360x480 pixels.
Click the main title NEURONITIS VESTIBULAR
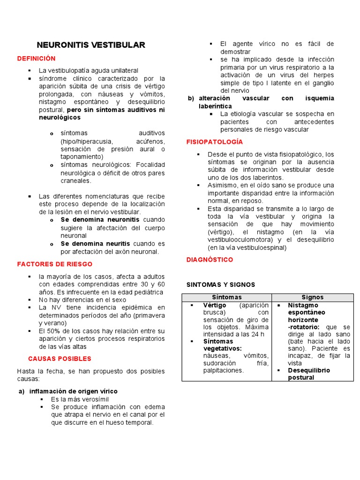[x=91, y=45]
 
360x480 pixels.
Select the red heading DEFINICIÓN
[x=36, y=59]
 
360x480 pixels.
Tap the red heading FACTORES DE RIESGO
[x=55, y=264]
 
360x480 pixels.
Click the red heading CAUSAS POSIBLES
[x=60, y=359]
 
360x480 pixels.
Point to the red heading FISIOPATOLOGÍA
[x=215, y=142]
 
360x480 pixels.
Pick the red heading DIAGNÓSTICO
[x=210, y=260]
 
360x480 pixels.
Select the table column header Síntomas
[x=227, y=297]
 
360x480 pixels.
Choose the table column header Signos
[x=312, y=297]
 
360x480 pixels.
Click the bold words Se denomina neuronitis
[x=100, y=219]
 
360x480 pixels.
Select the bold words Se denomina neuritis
[x=95, y=244]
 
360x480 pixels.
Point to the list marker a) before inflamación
[x=21, y=391]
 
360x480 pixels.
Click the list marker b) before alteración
[x=191, y=98]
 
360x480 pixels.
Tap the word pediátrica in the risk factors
[x=147, y=292]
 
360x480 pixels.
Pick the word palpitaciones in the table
[x=223, y=370]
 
